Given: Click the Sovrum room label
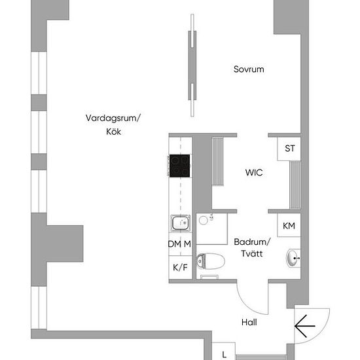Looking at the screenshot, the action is click(249, 69).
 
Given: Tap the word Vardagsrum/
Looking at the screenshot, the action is click(113, 118).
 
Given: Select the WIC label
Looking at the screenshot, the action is click(254, 173).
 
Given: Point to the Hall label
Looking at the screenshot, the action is click(249, 322).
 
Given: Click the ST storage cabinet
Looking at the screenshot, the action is click(289, 149).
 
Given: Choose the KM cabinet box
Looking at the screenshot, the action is click(289, 225).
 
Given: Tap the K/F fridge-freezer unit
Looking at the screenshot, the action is click(181, 268).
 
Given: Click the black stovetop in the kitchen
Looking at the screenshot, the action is click(179, 166).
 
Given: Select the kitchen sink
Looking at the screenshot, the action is click(181, 223).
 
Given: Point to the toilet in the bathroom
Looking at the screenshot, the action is click(210, 261).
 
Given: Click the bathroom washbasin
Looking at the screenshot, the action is click(293, 259).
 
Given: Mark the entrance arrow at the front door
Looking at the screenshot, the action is click(304, 326).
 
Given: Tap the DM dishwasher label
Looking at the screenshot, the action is click(175, 244).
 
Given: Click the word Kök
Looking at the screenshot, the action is click(113, 132).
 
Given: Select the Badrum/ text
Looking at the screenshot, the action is click(252, 242).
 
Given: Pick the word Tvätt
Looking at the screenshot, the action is click(252, 254).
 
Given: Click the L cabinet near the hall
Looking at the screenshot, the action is click(224, 351).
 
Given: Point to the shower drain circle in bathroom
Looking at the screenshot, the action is click(204, 221).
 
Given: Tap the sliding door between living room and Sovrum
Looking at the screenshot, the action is click(192, 65).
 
